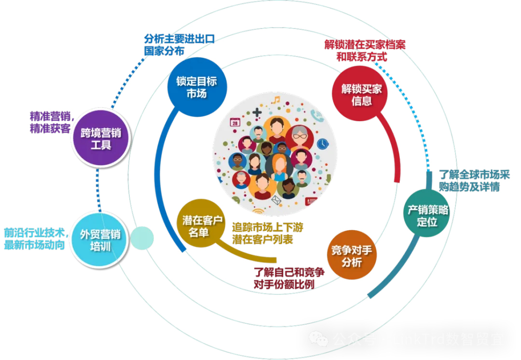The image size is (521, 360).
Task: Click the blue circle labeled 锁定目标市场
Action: pos(196,87)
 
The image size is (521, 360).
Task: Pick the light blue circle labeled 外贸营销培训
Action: pos(100,240)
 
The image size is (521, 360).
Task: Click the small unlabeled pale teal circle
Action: pos(142,238)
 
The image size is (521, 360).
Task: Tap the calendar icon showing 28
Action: pos(235,123)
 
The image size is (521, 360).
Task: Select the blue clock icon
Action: pos(322,143)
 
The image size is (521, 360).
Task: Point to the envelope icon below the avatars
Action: pos(276,200)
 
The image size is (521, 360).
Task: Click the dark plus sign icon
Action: pos(257,112)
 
